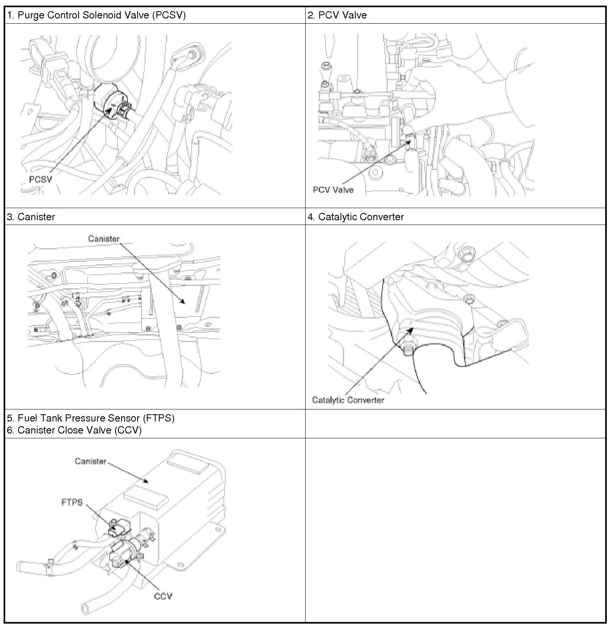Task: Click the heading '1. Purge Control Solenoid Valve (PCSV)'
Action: pos(96,15)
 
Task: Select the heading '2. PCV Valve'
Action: pos(337,15)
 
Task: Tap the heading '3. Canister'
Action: pos(31,217)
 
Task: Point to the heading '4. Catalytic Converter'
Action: pos(356,217)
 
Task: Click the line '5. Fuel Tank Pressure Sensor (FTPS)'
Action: pos(91,418)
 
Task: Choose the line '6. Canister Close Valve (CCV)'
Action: pos(74,430)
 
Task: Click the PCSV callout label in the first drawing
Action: pos(41,179)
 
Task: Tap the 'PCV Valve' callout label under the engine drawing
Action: pos(333,190)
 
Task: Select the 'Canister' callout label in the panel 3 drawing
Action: pos(104,239)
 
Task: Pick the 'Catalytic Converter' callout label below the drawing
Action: pos(348,400)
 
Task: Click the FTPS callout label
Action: pos(72,502)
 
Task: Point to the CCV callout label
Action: pos(163,596)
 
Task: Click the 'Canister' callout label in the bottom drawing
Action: pos(91,461)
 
